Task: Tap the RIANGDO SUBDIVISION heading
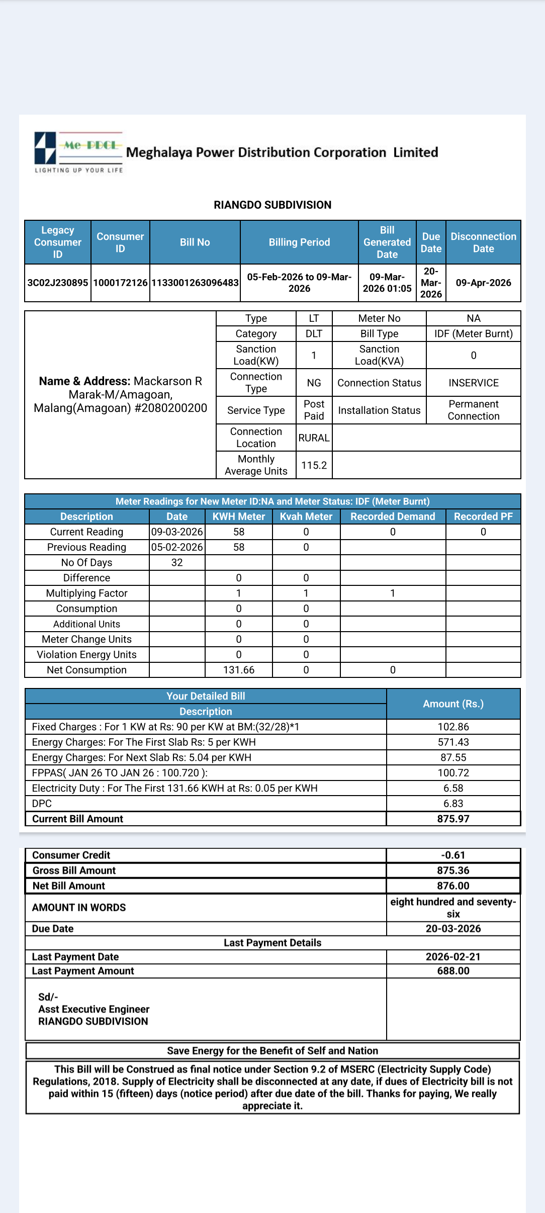point(272,205)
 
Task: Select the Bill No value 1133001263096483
point(195,283)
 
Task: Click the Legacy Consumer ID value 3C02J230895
point(58,283)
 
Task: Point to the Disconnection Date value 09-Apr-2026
point(483,283)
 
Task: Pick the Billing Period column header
point(299,242)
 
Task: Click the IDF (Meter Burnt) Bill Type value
point(473,334)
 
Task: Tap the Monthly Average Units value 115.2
point(314,465)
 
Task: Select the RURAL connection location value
point(314,438)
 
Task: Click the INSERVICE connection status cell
point(473,383)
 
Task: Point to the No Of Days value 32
point(177,563)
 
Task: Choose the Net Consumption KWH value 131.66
point(239,670)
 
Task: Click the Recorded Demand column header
point(393,516)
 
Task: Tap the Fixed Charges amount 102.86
point(453,727)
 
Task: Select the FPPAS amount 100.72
point(453,773)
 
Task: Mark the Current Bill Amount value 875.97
point(453,819)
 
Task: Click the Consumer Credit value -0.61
point(453,855)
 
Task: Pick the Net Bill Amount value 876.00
point(453,886)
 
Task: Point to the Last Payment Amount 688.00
point(453,971)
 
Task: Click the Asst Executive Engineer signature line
point(94,1009)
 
